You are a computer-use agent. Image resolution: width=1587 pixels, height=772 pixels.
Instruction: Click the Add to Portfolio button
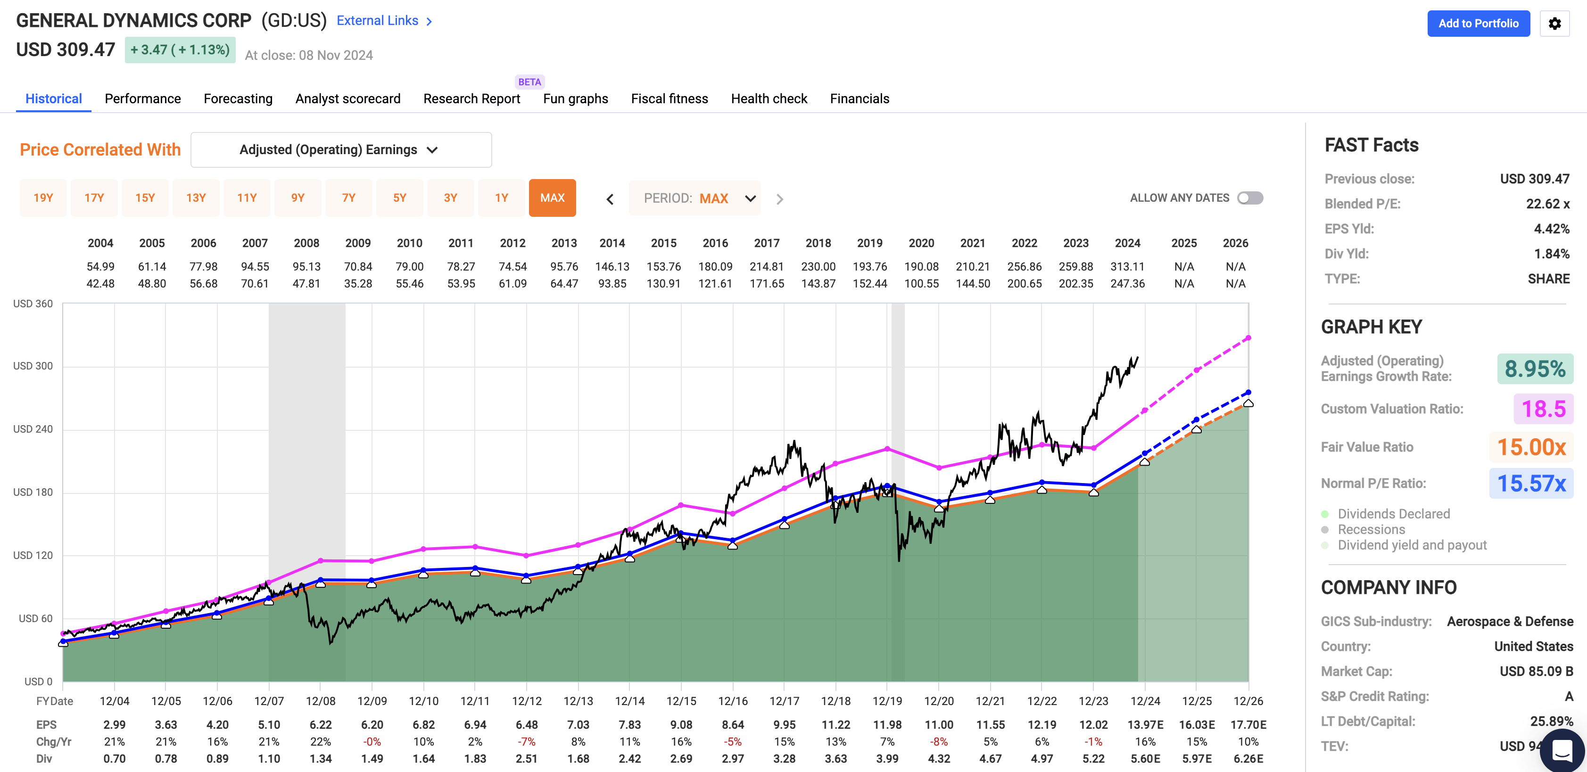click(x=1478, y=24)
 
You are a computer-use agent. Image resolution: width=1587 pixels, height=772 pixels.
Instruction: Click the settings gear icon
click(x=1554, y=24)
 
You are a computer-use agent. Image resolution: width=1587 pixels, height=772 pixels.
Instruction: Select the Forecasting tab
click(x=238, y=99)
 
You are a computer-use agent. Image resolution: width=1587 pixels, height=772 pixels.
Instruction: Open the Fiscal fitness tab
click(x=669, y=99)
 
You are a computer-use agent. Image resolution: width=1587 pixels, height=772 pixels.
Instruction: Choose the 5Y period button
click(x=399, y=197)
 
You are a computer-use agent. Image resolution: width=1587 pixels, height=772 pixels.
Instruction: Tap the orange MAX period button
click(x=552, y=197)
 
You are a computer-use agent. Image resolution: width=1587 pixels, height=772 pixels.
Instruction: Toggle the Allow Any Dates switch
click(x=1250, y=197)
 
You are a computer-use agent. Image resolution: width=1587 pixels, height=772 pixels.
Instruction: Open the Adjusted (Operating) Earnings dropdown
click(x=341, y=149)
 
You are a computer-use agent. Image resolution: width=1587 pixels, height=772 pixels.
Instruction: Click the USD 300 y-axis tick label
click(x=33, y=366)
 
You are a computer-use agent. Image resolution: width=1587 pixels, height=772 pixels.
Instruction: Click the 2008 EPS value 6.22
click(x=320, y=724)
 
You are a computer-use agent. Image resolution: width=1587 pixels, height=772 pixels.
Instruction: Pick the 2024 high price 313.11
click(x=1127, y=267)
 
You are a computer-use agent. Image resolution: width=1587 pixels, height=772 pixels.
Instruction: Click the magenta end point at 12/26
click(x=1248, y=338)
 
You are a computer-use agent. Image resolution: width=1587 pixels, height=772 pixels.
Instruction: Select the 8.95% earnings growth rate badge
click(x=1535, y=369)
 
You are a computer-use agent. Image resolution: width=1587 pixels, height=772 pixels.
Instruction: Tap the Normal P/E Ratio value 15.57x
click(x=1531, y=483)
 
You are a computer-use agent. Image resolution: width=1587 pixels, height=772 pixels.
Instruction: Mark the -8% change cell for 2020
click(x=939, y=741)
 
